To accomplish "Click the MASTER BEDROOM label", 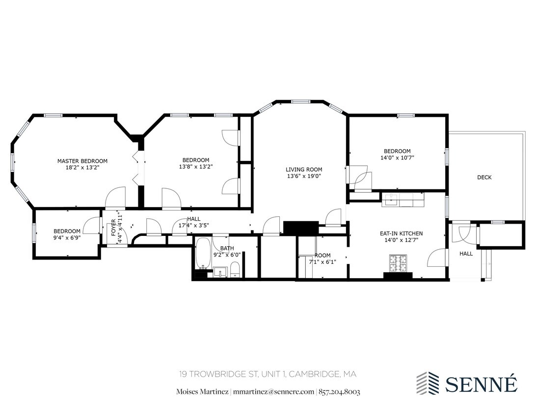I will pos(82,161).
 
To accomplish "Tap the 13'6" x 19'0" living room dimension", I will pos(304,176).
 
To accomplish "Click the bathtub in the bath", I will pos(203,254).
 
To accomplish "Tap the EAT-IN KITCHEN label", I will pos(401,233).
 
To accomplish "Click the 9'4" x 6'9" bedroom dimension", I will pos(67,238).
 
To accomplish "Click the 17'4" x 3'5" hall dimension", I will pos(194,226).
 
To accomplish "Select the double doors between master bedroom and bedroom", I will pos(138,168).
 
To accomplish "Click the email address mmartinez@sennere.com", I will pos(273,391).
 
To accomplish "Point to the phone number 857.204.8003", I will pos(340,391).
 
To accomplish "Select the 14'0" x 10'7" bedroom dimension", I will pos(397,158).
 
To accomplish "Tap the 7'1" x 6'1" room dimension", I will pos(322,262).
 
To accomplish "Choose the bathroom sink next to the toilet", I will pos(220,271).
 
